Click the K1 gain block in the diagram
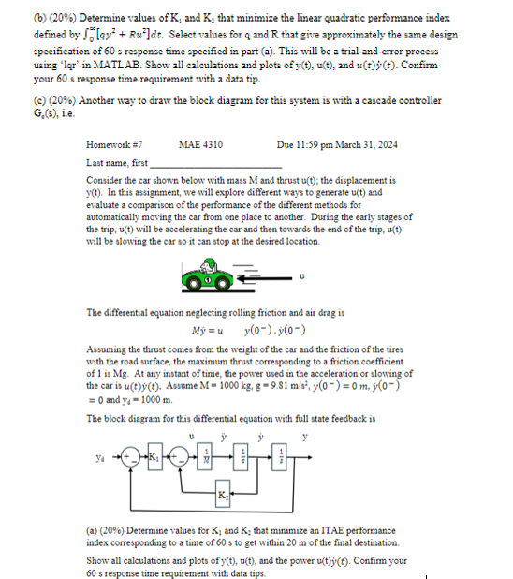point(155,457)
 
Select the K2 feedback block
point(223,494)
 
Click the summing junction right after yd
point(131,457)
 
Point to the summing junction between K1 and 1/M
point(180,457)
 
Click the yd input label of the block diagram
point(100,458)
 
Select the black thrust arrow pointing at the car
point(265,278)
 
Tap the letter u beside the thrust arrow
point(302,276)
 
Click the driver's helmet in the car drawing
point(209,263)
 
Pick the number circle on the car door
point(208,280)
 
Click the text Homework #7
point(114,144)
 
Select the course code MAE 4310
point(200,144)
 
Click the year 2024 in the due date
point(388,144)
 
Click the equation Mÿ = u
point(208,331)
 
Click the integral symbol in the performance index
point(85,35)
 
